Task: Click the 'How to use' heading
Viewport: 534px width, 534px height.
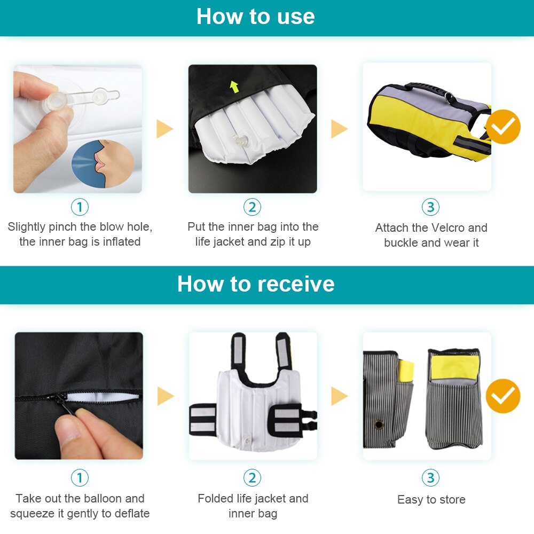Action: coord(255,17)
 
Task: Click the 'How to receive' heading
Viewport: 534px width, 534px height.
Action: coord(256,284)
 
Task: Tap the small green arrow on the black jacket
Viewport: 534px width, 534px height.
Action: coord(234,86)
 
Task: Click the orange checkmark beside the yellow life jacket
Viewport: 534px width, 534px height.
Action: coord(503,127)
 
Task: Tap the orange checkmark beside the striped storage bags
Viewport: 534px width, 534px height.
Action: coord(503,396)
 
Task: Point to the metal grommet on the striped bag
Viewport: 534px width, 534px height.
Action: coord(379,425)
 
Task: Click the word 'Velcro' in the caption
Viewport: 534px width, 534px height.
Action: coord(431,228)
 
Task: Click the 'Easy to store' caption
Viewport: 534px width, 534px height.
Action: coord(431,500)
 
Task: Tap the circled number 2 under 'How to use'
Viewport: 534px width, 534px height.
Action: coord(252,207)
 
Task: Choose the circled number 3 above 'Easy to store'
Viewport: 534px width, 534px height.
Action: coord(430,477)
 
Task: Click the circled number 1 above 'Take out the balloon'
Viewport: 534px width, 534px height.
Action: coord(80,477)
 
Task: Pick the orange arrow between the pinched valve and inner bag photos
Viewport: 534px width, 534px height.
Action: coord(164,129)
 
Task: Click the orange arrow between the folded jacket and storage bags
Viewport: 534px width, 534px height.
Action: coord(339,396)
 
